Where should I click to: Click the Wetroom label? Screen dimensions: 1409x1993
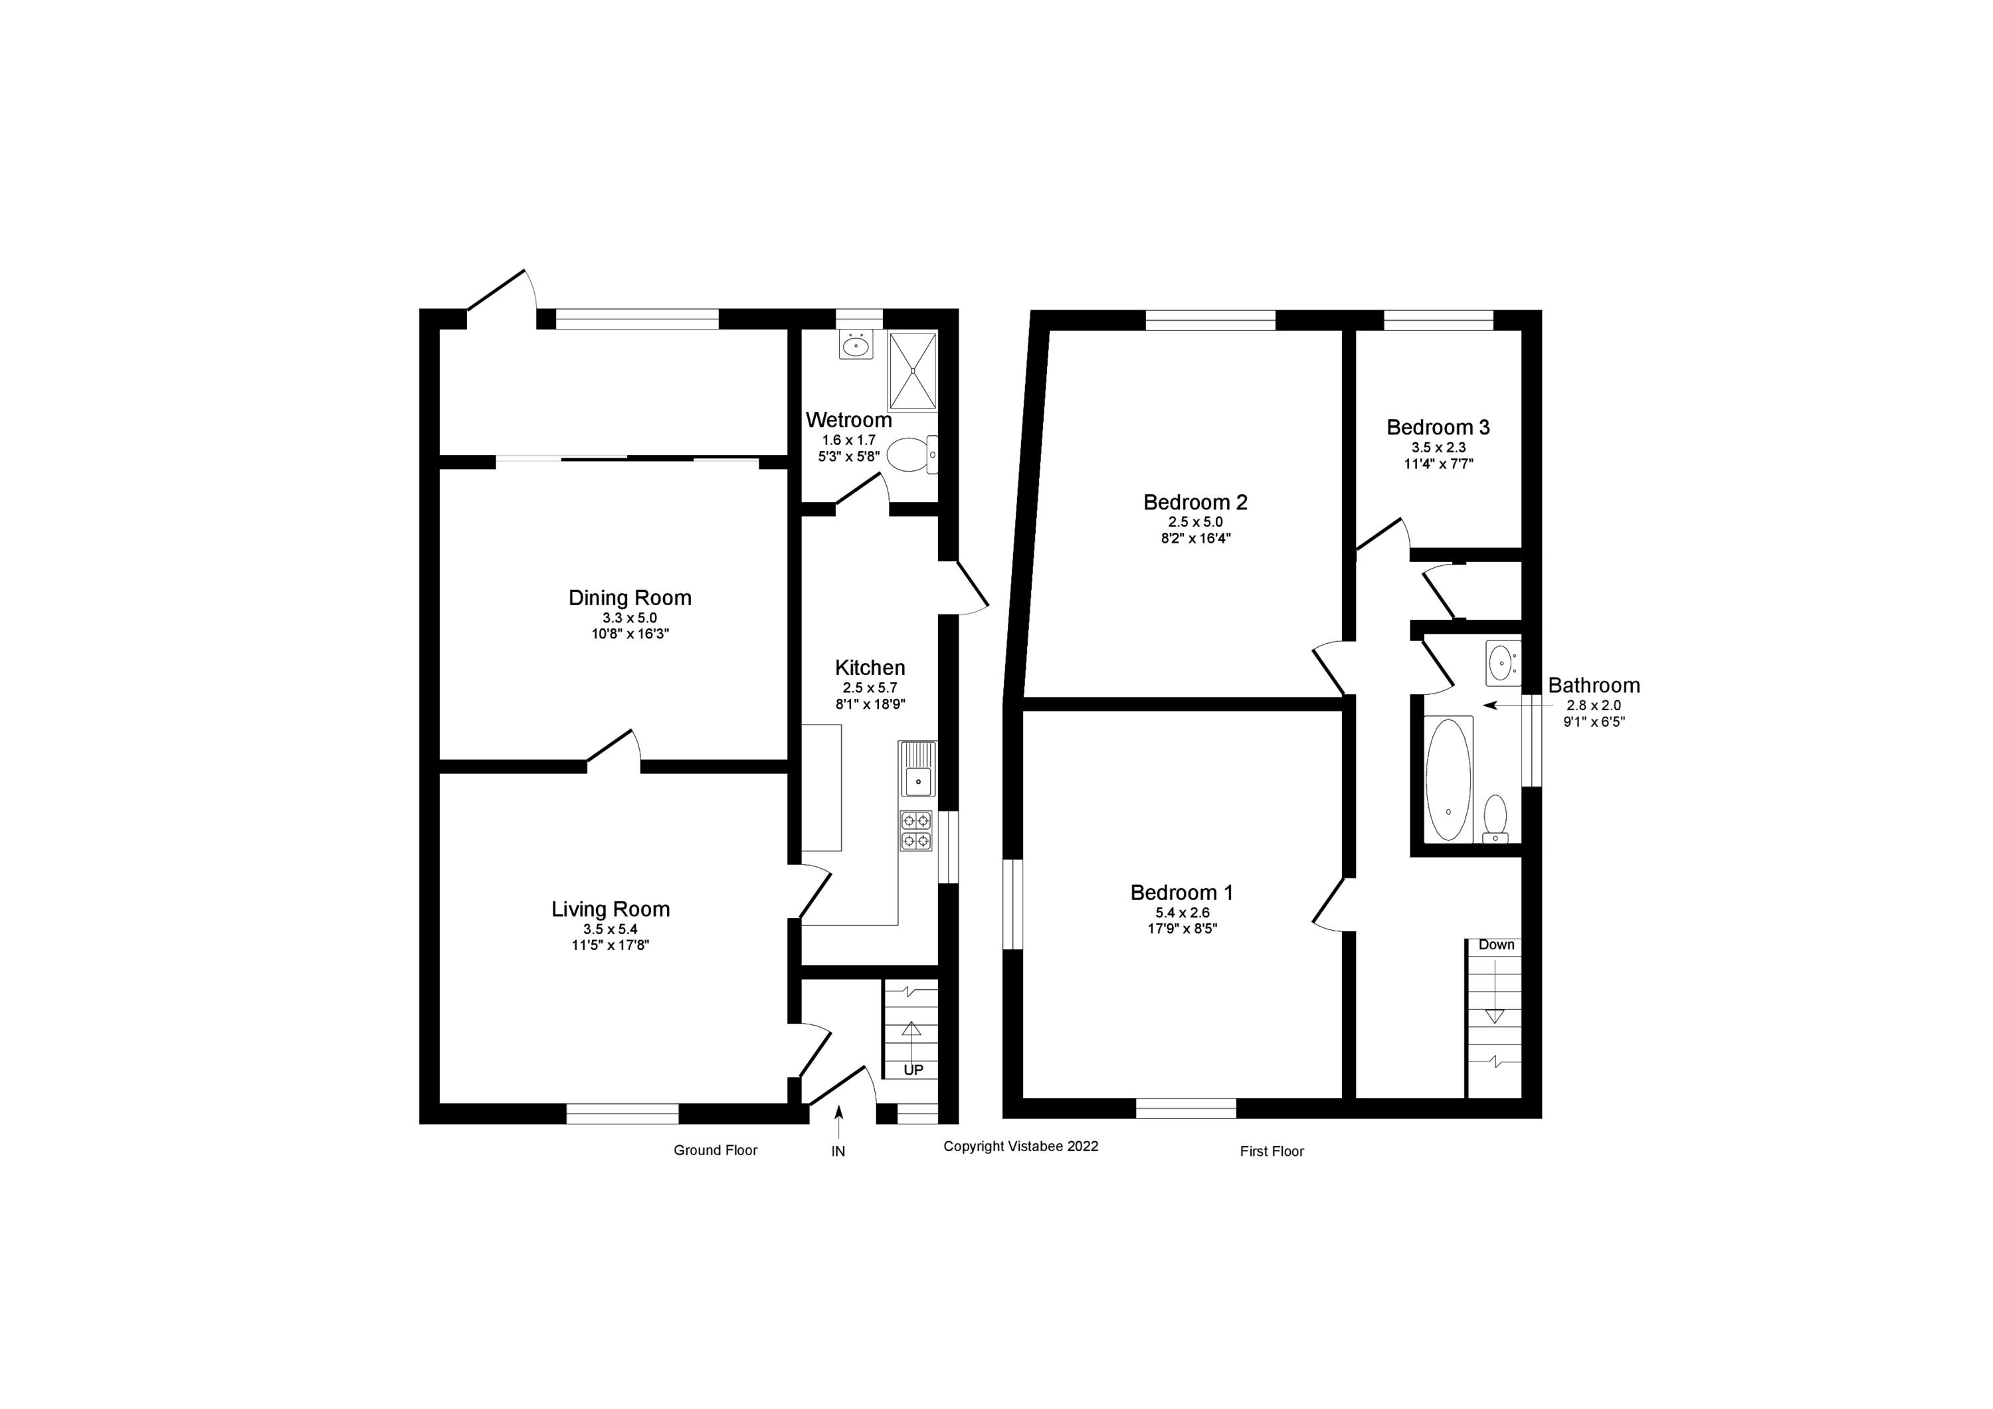tap(848, 421)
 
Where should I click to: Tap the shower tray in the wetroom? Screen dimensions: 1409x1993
tap(912, 371)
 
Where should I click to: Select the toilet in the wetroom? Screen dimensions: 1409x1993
tap(911, 454)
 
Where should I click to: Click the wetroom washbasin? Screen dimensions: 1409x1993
tap(856, 346)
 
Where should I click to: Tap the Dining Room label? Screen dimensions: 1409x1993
tap(629, 597)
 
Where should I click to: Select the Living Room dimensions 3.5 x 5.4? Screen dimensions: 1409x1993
tap(611, 929)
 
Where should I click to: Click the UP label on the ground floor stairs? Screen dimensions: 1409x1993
tap(913, 1070)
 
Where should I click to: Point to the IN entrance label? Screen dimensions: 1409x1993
tap(838, 1151)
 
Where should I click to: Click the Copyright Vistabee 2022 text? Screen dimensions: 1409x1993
tap(1020, 1146)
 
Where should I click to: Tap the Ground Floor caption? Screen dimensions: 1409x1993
tap(715, 1151)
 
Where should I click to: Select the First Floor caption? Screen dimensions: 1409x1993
tap(1271, 1151)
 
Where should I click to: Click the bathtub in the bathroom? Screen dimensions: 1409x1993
tap(1448, 778)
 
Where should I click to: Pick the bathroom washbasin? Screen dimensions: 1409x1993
tap(1501, 664)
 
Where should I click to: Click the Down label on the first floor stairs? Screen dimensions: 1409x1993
tap(1495, 945)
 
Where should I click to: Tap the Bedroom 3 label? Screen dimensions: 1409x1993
tap(1438, 427)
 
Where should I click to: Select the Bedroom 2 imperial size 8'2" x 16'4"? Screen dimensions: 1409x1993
tap(1194, 538)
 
